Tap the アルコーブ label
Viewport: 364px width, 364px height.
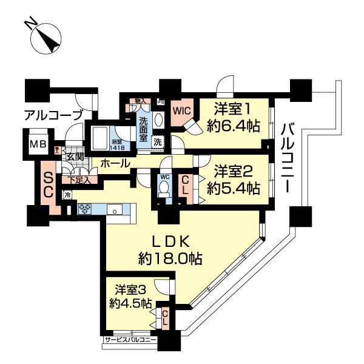pyautogui.click(x=50, y=115)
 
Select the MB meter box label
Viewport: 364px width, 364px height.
pyautogui.click(x=38, y=145)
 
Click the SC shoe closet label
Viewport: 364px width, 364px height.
pyautogui.click(x=49, y=186)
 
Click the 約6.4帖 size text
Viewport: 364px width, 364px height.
pyautogui.click(x=232, y=126)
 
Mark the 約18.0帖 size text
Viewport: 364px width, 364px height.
pyautogui.click(x=170, y=258)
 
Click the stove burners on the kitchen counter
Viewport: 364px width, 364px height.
pyautogui.click(x=84, y=209)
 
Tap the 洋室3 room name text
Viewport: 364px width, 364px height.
pyautogui.click(x=131, y=289)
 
